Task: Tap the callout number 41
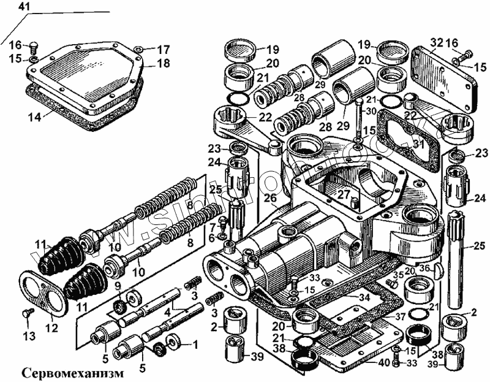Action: [x=23, y=7]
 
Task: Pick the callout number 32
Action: [x=435, y=42]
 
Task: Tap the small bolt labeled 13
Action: [x=26, y=313]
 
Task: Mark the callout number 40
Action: [x=383, y=362]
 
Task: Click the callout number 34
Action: [x=364, y=298]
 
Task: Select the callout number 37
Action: [x=399, y=316]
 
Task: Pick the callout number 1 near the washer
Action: [x=196, y=345]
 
